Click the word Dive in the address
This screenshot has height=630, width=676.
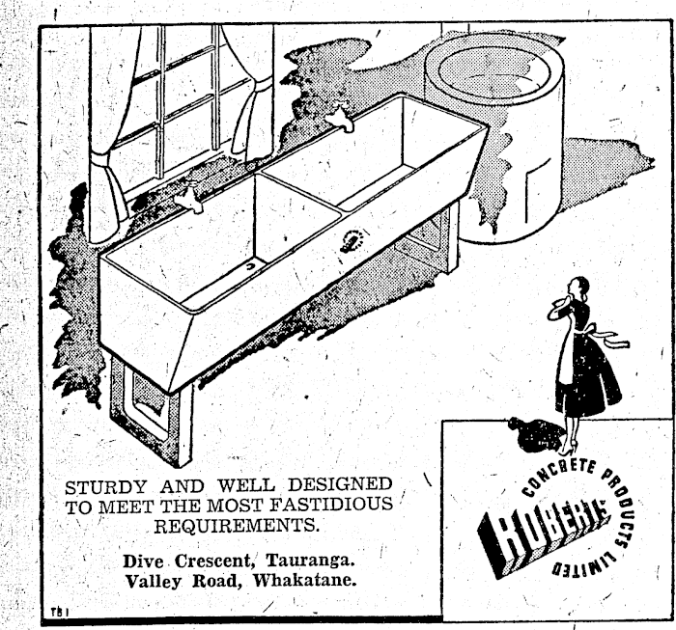pos(146,561)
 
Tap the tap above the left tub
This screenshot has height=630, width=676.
pos(194,197)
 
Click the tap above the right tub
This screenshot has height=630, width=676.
pos(339,121)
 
